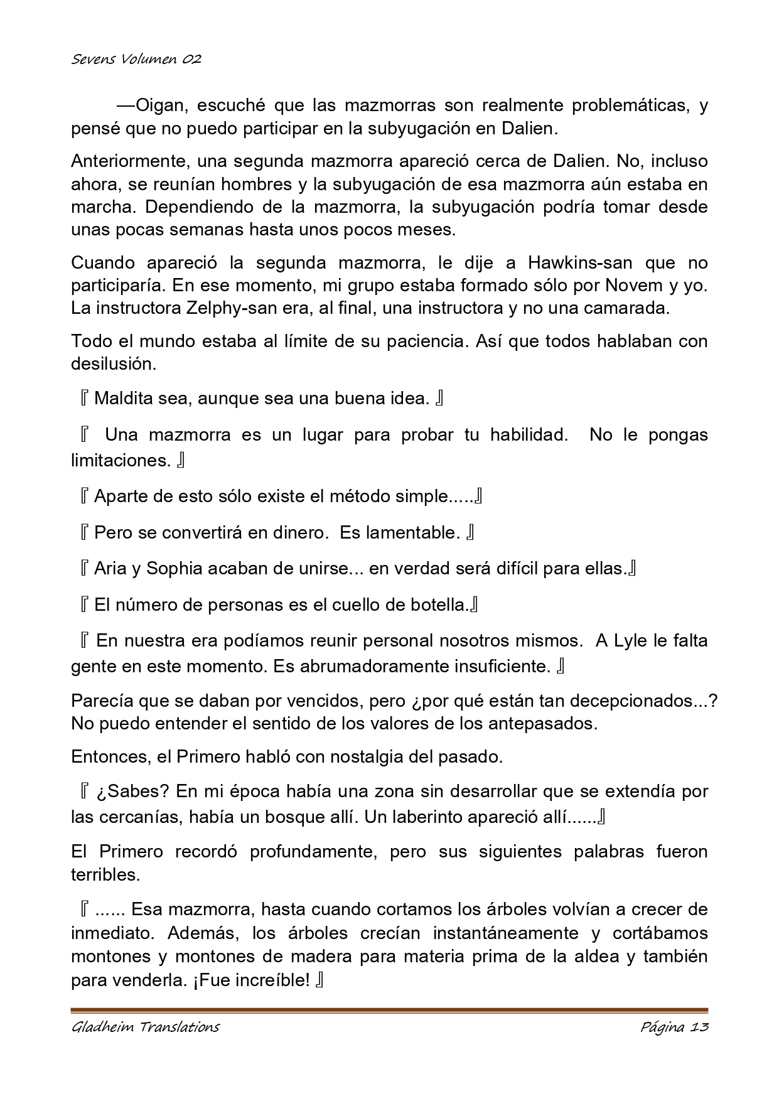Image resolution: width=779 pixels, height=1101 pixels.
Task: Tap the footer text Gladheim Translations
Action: (145, 1027)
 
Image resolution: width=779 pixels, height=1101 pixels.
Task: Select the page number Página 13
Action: (674, 1027)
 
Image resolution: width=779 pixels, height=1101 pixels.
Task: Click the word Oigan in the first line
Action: (158, 105)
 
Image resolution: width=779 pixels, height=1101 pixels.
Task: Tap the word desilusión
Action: (113, 364)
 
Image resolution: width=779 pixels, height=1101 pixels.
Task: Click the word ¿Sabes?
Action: (132, 792)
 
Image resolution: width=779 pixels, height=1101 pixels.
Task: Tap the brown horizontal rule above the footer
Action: (389, 1010)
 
